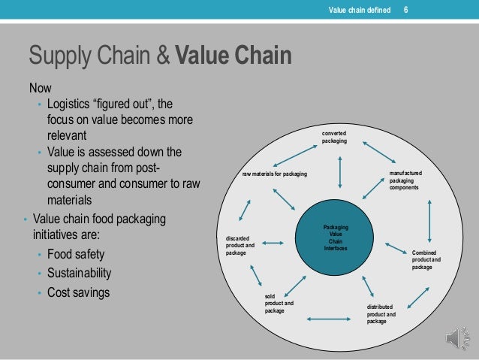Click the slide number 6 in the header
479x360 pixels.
[406, 10]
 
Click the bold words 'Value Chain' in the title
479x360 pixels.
[233, 57]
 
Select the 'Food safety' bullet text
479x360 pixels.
[76, 254]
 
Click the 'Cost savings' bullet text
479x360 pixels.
[78, 292]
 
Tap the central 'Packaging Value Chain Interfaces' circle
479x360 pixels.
[335, 237]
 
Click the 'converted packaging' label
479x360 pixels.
[335, 138]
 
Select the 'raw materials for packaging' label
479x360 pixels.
[274, 174]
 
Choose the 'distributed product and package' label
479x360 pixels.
[381, 314]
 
